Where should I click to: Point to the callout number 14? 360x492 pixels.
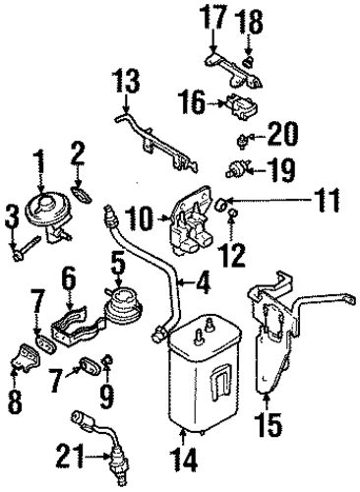coord(184,459)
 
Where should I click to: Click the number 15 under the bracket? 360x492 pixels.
coord(270,424)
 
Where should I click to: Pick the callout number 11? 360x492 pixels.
coord(325,200)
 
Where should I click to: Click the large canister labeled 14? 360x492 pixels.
coord(204,372)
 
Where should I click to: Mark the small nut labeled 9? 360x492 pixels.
coord(107,360)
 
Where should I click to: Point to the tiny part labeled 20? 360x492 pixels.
coord(242,141)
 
